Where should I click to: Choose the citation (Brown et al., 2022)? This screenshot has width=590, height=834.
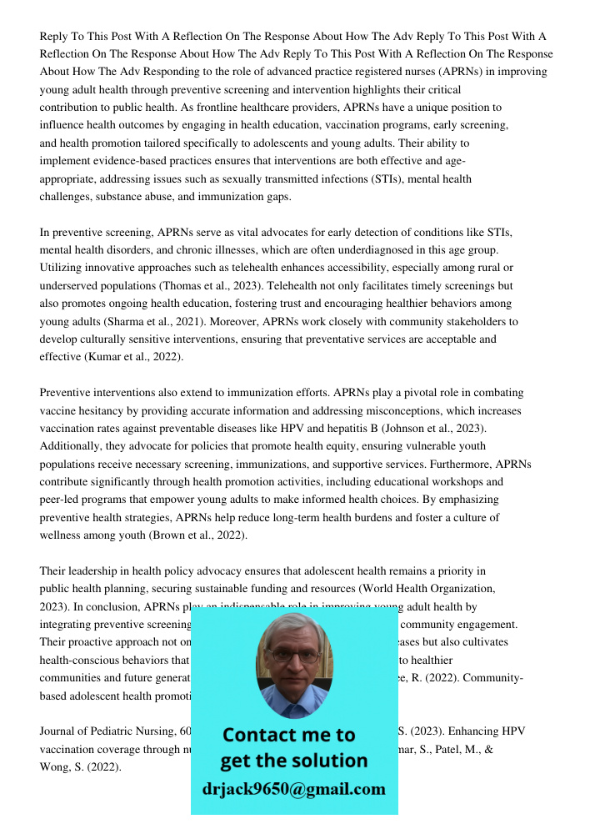pyautogui.click(x=197, y=535)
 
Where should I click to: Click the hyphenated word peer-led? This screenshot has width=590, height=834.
pyautogui.click(x=61, y=500)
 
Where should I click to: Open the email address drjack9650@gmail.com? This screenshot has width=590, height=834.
pyautogui.click(x=293, y=789)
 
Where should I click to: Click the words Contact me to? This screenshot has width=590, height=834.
pyautogui.click(x=288, y=735)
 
